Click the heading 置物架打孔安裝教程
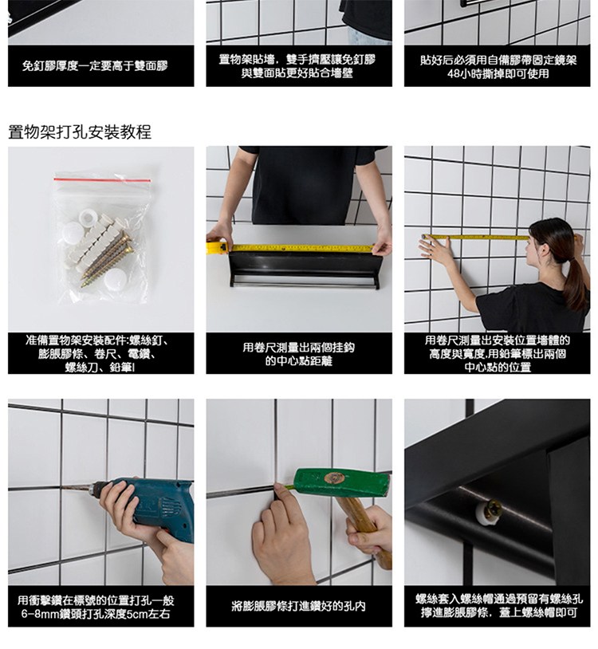click(x=80, y=132)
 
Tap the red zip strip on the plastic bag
click(x=102, y=179)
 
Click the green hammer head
click(x=342, y=482)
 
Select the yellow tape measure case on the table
click(x=216, y=247)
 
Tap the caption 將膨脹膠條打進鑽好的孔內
click(x=298, y=607)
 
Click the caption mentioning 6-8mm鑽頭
click(x=96, y=607)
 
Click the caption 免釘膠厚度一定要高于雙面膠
click(x=95, y=66)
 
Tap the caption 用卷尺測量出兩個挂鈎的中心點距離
click(x=299, y=354)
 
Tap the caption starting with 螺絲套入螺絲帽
click(x=498, y=606)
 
